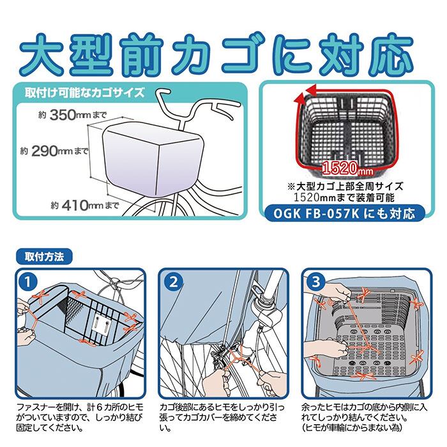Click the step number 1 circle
28,282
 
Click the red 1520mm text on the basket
342,170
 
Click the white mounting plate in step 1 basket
100,323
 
